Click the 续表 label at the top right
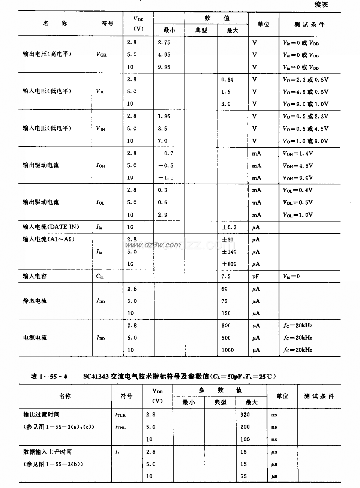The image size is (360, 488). [x=321, y=5]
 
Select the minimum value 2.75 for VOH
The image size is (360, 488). [x=164, y=42]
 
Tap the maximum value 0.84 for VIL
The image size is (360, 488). [x=227, y=79]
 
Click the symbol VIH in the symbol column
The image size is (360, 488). [x=100, y=129]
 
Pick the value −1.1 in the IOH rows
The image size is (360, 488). [x=165, y=178]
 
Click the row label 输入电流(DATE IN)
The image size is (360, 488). [x=51, y=227]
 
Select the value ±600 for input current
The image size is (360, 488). [x=229, y=264]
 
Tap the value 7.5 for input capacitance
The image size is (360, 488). [x=226, y=276]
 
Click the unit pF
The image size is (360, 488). [x=255, y=276]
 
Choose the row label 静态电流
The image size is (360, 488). [x=35, y=301]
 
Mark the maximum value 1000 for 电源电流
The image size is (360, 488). [x=228, y=350]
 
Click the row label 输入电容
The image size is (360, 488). [x=35, y=276]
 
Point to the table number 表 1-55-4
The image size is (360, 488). [x=49, y=376]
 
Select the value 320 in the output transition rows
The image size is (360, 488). [x=245, y=415]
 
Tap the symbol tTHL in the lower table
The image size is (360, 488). [x=120, y=427]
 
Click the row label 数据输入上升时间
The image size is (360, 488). [x=47, y=452]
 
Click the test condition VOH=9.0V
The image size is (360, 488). [x=298, y=178]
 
